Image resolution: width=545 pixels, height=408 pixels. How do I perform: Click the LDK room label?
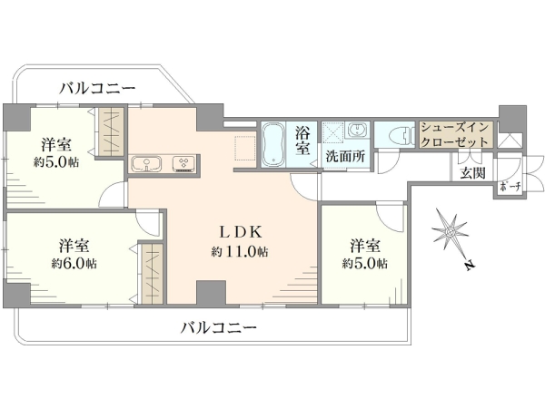coord(240,232)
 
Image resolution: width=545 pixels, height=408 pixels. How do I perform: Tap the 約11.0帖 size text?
coord(240,251)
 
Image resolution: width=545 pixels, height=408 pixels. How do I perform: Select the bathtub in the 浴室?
coord(273,144)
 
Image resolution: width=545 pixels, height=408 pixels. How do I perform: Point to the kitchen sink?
coord(146,163)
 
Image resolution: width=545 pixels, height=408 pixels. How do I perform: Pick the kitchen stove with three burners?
coord(183,163)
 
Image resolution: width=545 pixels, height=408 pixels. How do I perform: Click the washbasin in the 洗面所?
coord(357,131)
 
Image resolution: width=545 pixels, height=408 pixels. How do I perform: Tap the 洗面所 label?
coord(345,157)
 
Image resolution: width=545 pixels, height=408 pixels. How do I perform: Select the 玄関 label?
coord(472,172)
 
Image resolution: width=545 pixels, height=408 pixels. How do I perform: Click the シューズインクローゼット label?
coord(455,134)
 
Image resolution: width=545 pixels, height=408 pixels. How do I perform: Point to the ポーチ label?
coord(510,187)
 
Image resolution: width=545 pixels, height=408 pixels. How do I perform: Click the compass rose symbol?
coord(451,230)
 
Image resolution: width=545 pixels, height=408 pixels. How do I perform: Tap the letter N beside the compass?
coord(470,265)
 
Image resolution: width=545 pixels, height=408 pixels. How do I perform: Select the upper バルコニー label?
coord(97,89)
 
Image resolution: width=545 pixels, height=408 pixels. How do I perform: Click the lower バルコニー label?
coord(219,327)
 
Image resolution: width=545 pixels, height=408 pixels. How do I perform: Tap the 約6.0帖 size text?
coord(74,264)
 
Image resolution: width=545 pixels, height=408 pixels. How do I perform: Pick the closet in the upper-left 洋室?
coord(111,131)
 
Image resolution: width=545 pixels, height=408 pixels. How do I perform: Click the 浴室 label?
coord(302,141)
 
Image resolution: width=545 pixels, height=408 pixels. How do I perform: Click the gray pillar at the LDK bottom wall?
coord(212,292)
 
